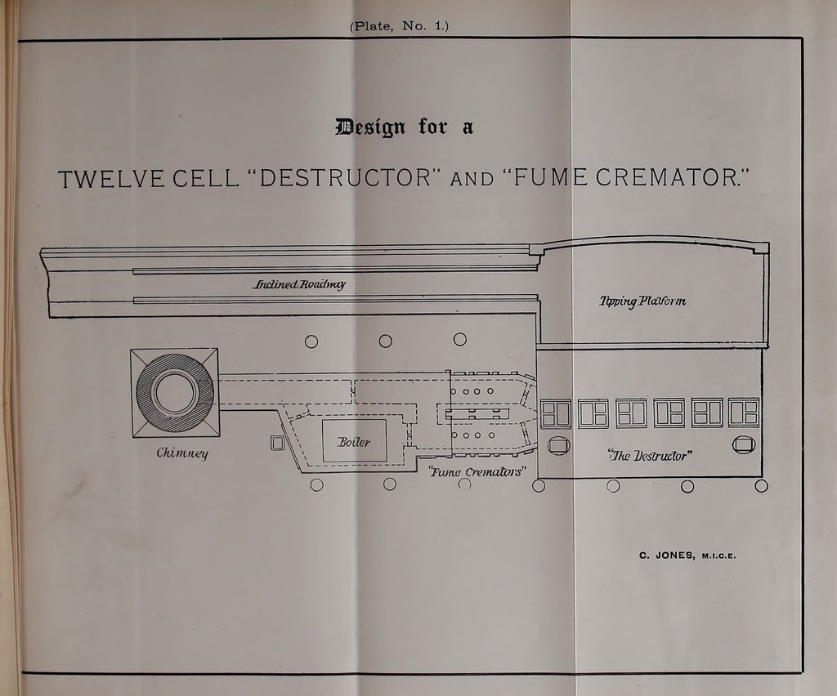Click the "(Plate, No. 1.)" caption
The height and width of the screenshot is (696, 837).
(399, 26)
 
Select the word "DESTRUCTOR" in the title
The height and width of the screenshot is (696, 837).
(346, 177)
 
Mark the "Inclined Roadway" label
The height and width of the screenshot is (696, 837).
(299, 283)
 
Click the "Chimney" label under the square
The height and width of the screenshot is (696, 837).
(182, 453)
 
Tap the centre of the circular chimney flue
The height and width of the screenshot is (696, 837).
(175, 391)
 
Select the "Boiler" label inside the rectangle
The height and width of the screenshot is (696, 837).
(353, 442)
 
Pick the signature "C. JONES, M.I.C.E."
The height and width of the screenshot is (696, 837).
(687, 555)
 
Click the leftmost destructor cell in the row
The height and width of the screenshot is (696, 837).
(556, 413)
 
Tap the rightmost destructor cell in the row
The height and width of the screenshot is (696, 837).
(744, 413)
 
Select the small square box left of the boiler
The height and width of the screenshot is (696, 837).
(277, 443)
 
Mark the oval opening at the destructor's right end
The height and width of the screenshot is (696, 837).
(744, 444)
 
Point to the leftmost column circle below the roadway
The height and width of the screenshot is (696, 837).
(311, 341)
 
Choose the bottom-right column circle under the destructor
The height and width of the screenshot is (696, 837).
(762, 486)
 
